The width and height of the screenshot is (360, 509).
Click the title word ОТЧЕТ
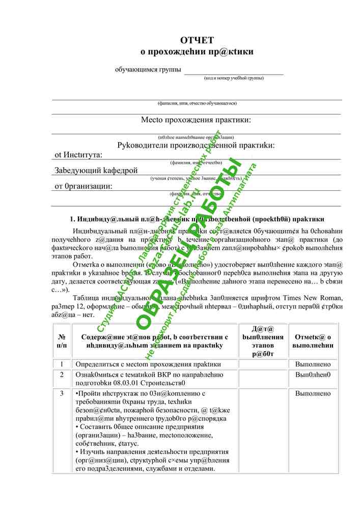197,40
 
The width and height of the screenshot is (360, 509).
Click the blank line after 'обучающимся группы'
233,71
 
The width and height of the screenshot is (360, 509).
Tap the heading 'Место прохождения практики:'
196,120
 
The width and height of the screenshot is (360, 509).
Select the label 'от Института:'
78,155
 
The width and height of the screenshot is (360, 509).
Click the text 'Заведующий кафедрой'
96,171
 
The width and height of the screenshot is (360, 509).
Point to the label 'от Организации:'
84,186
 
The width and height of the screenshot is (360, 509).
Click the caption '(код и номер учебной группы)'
234,78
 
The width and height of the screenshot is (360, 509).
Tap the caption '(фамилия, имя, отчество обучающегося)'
197,103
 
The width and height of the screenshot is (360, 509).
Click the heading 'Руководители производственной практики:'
196,146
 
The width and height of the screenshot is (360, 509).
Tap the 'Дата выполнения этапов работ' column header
263,341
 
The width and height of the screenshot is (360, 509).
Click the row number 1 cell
62,364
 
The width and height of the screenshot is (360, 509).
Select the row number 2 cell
62,375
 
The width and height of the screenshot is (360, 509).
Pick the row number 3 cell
62,393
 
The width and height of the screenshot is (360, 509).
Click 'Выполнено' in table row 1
313,364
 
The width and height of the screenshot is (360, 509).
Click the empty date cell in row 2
263,379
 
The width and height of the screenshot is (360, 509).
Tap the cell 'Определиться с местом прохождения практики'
148,364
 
